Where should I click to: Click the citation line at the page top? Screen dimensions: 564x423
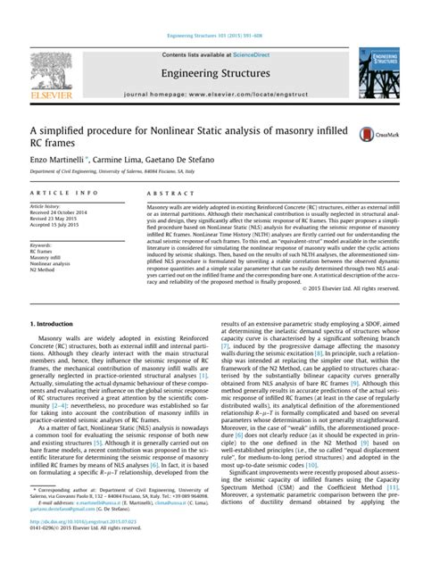[x=211, y=10]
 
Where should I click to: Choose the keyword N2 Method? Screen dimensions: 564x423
[x=46, y=271]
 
